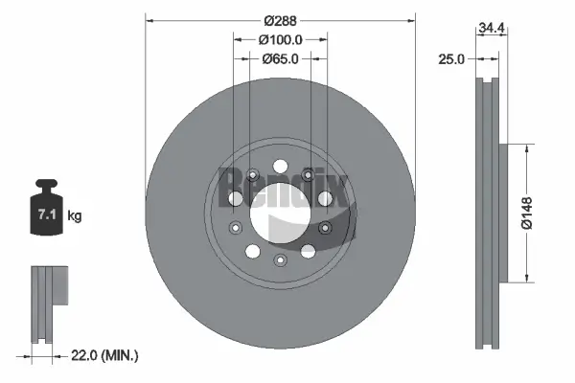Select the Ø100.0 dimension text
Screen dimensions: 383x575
[x=281, y=39]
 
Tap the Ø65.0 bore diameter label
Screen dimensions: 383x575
[x=281, y=58]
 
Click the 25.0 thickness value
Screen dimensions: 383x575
[x=450, y=58]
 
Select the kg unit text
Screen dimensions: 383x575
[x=75, y=216]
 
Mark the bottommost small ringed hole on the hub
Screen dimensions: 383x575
[x=280, y=260]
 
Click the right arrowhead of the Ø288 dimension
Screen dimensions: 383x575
[x=413, y=17]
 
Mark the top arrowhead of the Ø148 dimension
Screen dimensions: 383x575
[x=526, y=146]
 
